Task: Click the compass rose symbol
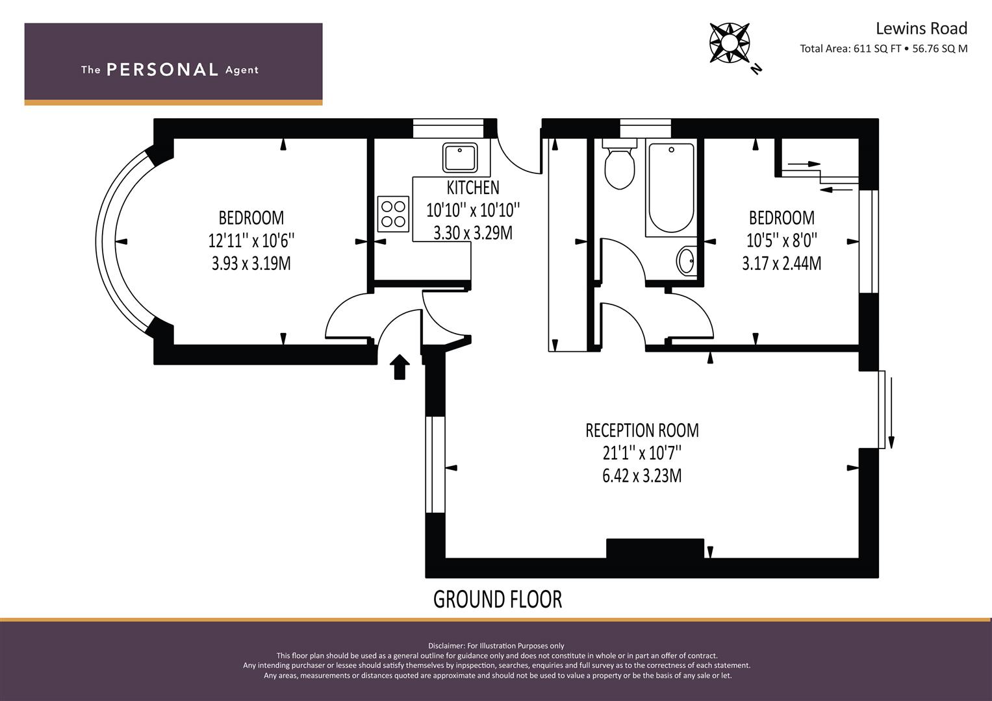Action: tap(730, 43)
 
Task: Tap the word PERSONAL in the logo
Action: tap(162, 69)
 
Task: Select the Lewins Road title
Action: tap(921, 29)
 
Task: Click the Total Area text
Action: tap(883, 49)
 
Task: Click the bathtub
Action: tap(671, 187)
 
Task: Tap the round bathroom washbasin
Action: tap(686, 261)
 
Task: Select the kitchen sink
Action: tap(460, 157)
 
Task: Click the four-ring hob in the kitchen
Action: tap(393, 214)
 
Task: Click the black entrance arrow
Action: tap(400, 367)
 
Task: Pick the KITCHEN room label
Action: tap(472, 188)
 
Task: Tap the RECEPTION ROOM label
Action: tap(642, 430)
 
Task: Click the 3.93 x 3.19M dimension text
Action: tap(251, 264)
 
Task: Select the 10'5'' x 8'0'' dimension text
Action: tap(782, 240)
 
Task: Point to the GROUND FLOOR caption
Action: tap(498, 599)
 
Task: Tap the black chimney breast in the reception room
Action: tap(655, 548)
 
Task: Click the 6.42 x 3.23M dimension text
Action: tap(642, 476)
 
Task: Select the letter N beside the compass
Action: tap(756, 69)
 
